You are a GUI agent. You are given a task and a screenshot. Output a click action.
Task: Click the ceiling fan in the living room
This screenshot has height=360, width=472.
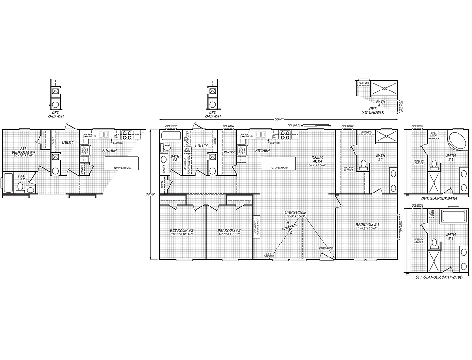[290, 229]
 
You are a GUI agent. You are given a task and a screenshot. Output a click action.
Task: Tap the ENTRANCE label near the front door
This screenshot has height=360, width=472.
[326, 248]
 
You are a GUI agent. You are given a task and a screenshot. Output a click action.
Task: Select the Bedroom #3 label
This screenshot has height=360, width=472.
[182, 231]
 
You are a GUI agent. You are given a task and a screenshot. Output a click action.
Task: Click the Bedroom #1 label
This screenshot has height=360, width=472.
[367, 225]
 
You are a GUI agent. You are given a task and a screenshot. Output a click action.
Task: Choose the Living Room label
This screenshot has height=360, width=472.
[295, 212]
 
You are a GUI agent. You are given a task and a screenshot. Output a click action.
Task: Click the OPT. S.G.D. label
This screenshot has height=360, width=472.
[294, 125]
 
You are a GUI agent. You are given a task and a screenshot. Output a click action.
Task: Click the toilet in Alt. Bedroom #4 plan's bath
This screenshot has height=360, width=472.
[30, 190]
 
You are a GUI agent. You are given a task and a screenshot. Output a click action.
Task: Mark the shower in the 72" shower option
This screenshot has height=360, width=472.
[385, 88]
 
